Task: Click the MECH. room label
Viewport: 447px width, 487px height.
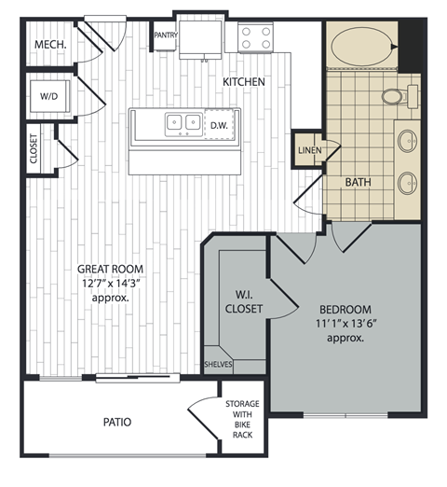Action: [x=47, y=46]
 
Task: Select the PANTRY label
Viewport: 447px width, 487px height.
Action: [x=166, y=35]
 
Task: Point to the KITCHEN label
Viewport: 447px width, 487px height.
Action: [x=244, y=82]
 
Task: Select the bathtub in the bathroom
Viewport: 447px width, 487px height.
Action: [x=362, y=45]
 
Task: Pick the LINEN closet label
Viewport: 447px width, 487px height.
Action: [x=309, y=150]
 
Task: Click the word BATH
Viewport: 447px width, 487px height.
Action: [x=359, y=183]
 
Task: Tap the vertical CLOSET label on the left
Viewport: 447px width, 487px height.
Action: [x=34, y=149]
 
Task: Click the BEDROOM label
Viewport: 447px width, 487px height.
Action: [x=345, y=309]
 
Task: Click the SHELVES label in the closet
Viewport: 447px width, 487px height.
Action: [x=219, y=365]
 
